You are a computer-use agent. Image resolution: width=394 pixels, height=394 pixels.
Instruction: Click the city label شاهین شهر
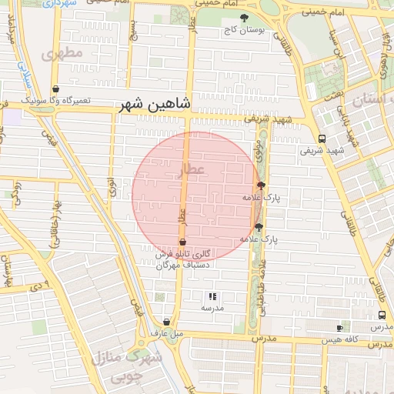point(155,104)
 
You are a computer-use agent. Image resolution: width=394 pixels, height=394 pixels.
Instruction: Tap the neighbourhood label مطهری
point(63,55)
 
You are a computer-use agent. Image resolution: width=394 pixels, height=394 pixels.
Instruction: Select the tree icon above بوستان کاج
point(245,18)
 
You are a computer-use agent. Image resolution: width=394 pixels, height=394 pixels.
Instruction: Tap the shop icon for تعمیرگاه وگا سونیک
point(55,89)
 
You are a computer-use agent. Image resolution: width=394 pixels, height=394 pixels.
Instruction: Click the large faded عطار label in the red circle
point(192,168)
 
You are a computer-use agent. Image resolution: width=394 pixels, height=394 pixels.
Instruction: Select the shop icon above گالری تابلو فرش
point(182,242)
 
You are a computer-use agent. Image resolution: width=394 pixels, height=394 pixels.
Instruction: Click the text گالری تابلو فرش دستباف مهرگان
point(183,259)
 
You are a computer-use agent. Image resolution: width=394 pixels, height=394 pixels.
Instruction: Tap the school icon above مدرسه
point(212,296)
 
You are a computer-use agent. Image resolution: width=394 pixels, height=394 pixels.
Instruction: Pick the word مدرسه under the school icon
point(212,308)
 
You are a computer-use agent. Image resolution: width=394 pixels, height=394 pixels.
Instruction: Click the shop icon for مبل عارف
point(167,322)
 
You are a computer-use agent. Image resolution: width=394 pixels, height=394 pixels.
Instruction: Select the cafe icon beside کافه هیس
point(339,328)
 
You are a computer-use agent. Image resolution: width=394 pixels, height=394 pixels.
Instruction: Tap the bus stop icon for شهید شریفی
point(322,139)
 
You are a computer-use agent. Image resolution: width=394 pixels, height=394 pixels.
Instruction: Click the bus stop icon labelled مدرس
point(382,316)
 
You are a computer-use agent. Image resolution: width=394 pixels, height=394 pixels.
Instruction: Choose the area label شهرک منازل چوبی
point(127,367)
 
